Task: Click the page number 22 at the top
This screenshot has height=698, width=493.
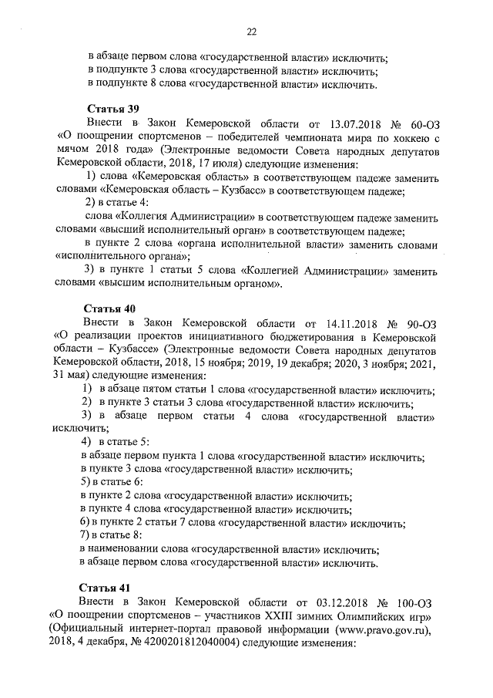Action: pos(250,32)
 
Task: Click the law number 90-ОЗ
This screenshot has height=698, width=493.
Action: pos(420,323)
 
